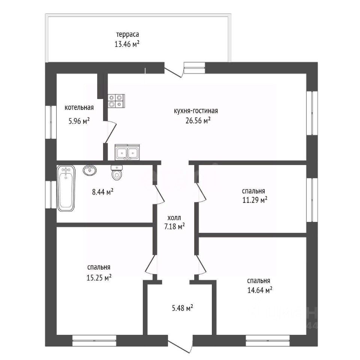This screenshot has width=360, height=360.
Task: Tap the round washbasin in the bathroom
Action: pyautogui.click(x=89, y=171)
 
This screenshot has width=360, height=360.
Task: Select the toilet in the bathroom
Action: pyautogui.click(x=117, y=173)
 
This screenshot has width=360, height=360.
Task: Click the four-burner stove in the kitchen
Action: pyautogui.click(x=116, y=100)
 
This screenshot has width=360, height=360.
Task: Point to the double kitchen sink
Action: pyautogui.click(x=127, y=152)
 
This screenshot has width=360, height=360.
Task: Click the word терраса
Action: pyautogui.click(x=127, y=35)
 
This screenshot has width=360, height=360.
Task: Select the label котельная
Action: pyautogui.click(x=79, y=108)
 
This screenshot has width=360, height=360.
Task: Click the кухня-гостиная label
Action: pyautogui.click(x=196, y=111)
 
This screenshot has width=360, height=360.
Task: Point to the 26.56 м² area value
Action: pyautogui.click(x=198, y=120)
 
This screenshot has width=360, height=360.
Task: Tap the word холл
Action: pyautogui.click(x=174, y=217)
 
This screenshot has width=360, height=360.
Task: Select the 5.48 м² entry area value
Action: pyautogui.click(x=182, y=308)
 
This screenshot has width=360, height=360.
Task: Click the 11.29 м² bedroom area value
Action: pyautogui.click(x=254, y=199)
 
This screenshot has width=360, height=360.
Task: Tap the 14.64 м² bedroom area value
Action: pyautogui.click(x=259, y=290)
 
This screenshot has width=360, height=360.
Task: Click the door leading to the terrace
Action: pyautogui.click(x=174, y=71)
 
